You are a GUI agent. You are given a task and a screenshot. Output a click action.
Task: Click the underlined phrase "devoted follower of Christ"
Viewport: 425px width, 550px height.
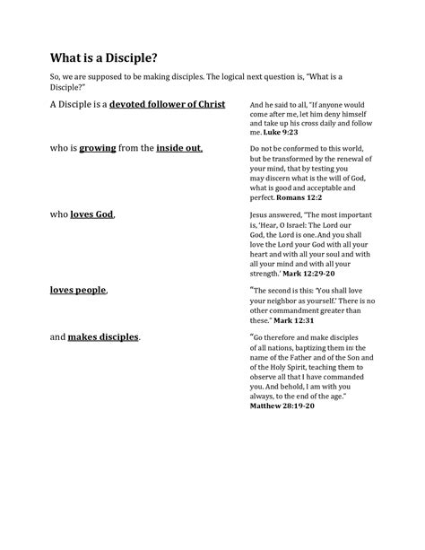(168, 105)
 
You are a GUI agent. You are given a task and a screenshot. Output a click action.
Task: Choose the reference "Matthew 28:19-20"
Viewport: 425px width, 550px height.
(283, 406)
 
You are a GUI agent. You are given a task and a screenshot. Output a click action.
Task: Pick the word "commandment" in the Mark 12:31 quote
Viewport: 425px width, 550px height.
(308, 311)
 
